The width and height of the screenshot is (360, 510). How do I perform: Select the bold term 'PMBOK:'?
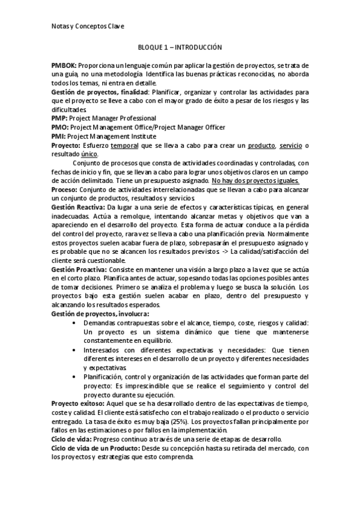[65, 64]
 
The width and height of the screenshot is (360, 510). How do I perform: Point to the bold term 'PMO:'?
[60, 127]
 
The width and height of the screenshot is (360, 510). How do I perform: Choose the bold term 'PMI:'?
[59, 137]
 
